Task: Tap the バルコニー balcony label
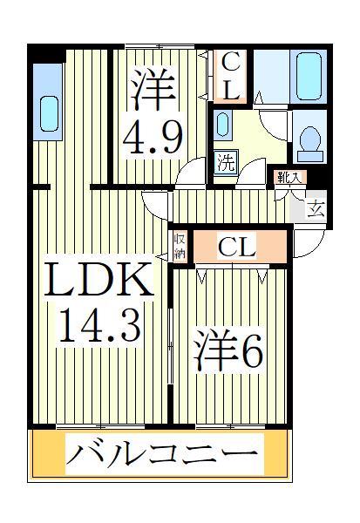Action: pos(163,454)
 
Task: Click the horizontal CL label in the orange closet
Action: pos(236,248)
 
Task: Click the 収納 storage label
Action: pos(180,247)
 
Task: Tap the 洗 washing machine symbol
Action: pos(226,161)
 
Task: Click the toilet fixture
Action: pos(309,145)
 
